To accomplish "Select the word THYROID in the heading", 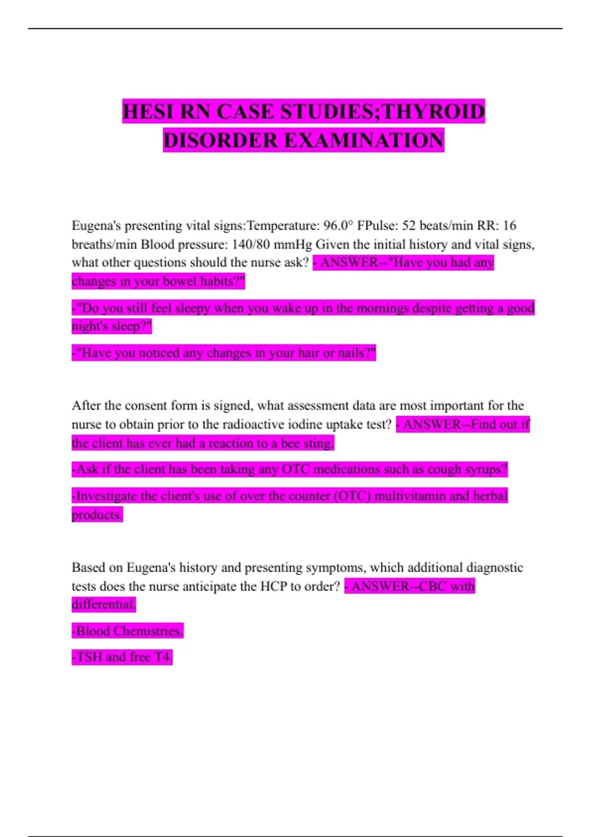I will (433, 112).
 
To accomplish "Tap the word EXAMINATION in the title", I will (364, 140).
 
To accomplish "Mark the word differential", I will (103, 604).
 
